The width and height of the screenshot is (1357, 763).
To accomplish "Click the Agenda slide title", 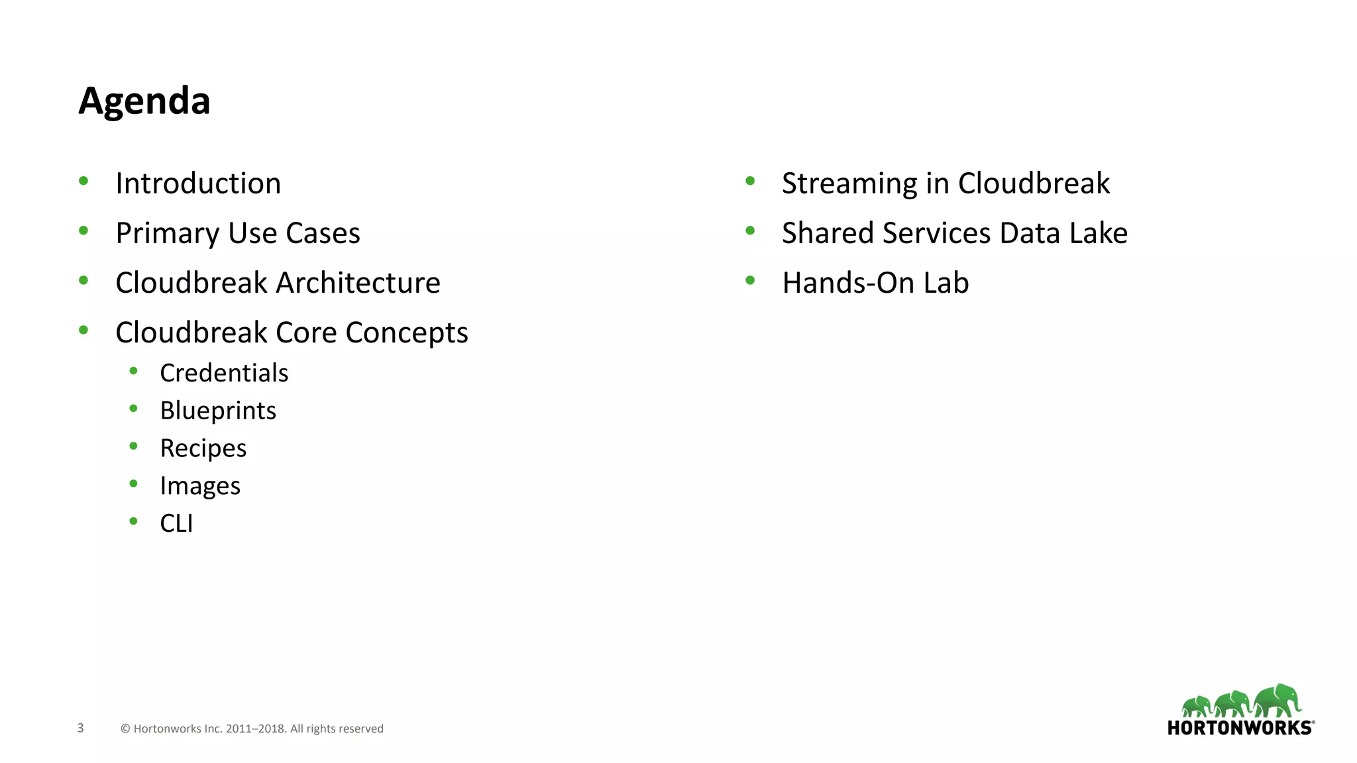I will (144, 101).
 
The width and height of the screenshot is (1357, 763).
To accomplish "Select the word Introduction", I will (198, 183).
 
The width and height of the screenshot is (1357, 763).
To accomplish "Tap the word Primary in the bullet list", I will (167, 234).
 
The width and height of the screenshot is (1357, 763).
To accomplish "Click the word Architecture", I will (358, 283).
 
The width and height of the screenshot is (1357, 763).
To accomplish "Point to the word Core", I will (305, 332).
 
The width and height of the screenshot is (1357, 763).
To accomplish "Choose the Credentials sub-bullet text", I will (224, 374).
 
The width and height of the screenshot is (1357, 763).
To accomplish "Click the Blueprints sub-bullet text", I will (218, 411).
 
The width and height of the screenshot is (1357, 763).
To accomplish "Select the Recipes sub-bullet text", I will (203, 449).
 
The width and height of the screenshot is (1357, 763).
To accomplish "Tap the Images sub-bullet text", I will (200, 487).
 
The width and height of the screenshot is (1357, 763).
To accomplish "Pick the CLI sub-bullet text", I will (176, 524).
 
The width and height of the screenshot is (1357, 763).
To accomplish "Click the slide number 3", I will (80, 728).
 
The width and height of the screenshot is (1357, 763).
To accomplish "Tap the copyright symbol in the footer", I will (125, 729).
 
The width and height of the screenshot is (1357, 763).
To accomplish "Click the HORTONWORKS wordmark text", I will (1240, 728).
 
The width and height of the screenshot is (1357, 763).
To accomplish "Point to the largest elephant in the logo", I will (1277, 700).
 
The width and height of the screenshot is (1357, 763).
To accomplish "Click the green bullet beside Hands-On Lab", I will (750, 280).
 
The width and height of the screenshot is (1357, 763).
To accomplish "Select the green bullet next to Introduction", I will (83, 181).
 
